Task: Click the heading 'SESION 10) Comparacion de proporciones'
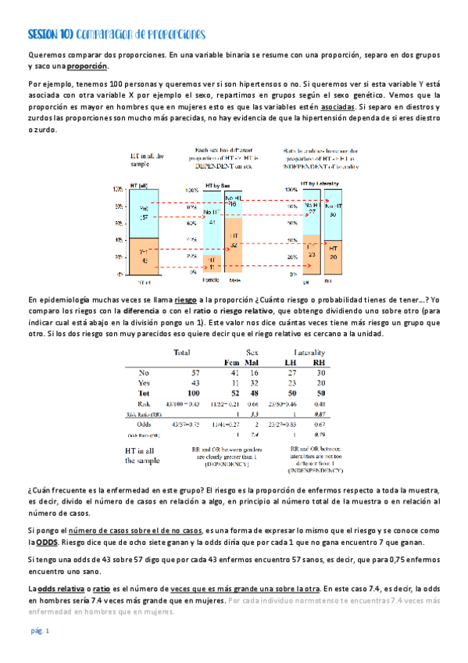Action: pos(116,35)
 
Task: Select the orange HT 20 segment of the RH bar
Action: pos(334,256)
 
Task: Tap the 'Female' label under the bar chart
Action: pos(210,279)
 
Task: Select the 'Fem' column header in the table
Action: pos(231,362)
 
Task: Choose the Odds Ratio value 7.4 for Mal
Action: pos(254,435)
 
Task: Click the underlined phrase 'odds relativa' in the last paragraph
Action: pos(59,587)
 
